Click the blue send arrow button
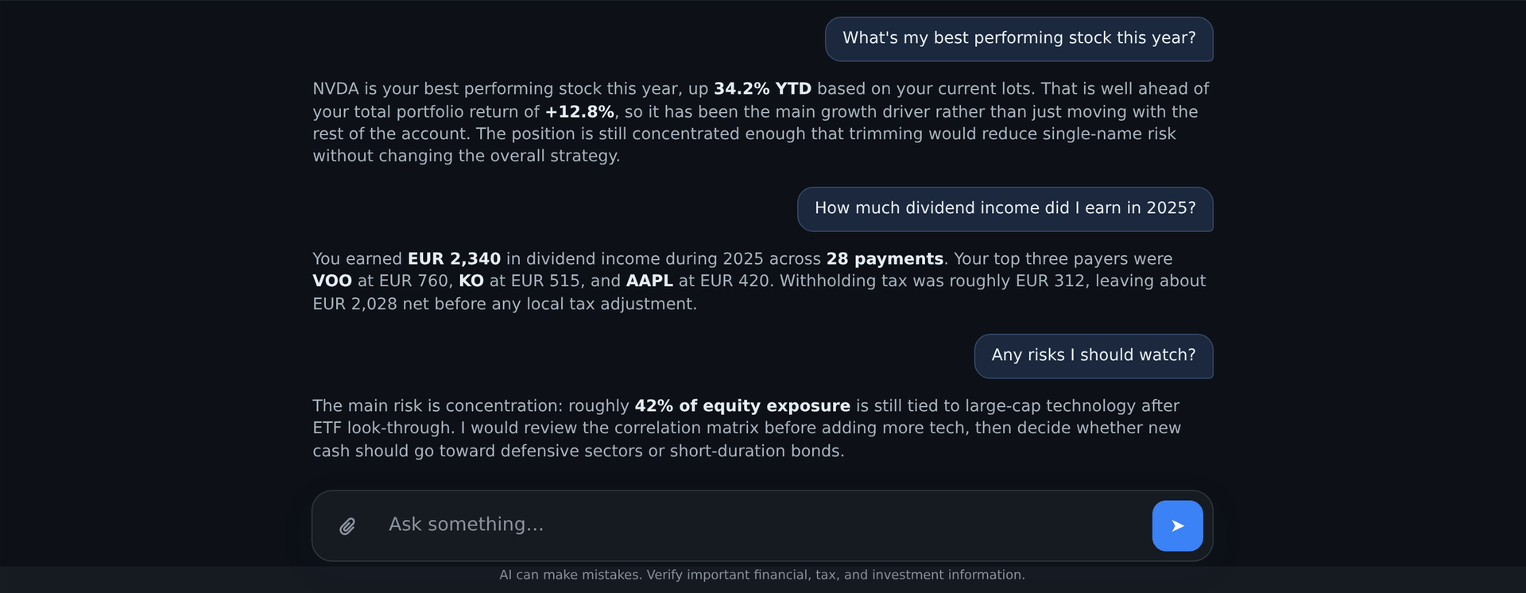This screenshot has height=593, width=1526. [1177, 525]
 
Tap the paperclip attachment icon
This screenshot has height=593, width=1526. [347, 526]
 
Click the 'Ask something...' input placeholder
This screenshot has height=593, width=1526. [466, 525]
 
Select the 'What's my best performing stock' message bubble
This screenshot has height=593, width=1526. [1019, 39]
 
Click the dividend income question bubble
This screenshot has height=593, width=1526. [1005, 209]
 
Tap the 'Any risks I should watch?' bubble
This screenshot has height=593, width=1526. [1094, 356]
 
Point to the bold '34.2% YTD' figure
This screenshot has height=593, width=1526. [762, 89]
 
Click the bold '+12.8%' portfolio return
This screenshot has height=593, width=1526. [579, 112]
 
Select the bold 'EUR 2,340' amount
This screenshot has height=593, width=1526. [454, 259]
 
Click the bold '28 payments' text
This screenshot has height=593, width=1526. [885, 259]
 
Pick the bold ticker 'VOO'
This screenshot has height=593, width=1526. [332, 281]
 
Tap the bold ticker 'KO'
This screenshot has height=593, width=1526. [471, 281]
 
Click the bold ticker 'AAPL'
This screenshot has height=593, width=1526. [649, 281]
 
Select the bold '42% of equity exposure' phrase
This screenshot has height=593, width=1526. [742, 406]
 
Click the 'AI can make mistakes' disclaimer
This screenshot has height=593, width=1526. [762, 575]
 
